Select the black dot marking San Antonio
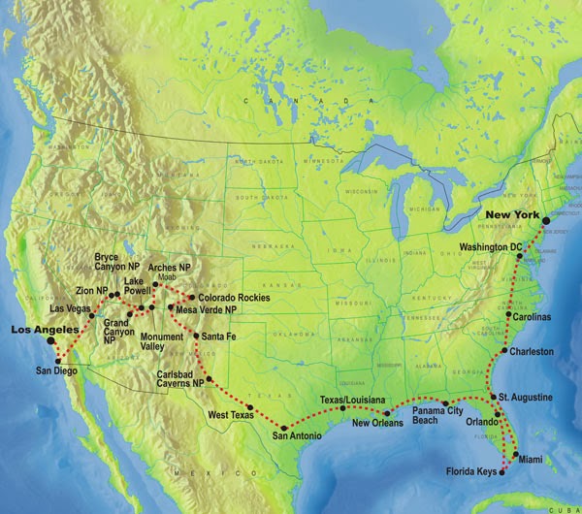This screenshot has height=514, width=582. pos(282,427)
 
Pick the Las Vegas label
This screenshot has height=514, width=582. pos(70,309)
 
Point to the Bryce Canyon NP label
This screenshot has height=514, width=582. pos(118,263)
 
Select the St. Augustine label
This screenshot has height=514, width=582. pos(528,398)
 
